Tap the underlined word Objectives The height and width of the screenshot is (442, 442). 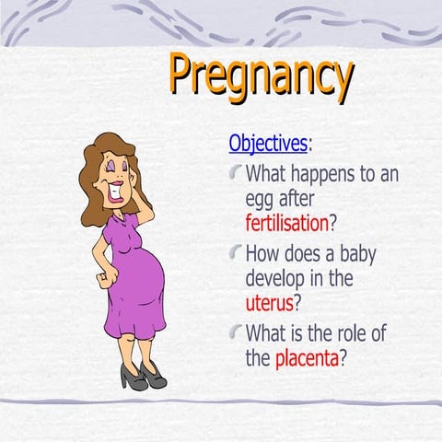point(268,144)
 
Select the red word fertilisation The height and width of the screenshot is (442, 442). point(286,222)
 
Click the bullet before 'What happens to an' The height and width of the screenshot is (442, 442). point(236,171)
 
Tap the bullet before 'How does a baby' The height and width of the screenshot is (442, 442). point(236,251)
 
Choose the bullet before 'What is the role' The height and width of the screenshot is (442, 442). point(236,332)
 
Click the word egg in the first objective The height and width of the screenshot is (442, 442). point(262,199)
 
